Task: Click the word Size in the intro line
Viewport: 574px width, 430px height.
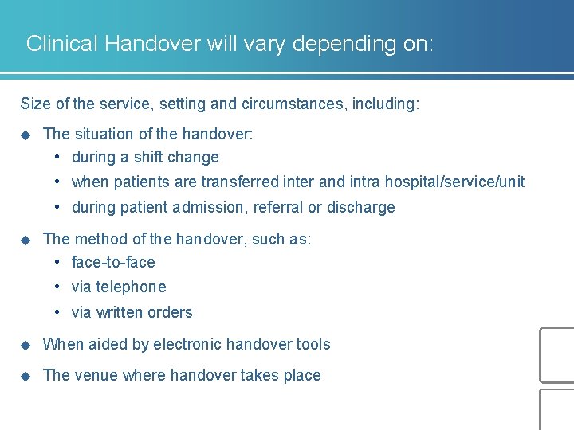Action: coord(34,104)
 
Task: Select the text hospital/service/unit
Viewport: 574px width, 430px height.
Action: coord(454,182)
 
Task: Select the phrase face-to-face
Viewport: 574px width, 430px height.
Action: coord(113,262)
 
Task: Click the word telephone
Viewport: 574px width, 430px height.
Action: coord(131,287)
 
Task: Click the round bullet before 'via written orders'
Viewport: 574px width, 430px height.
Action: coord(59,312)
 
